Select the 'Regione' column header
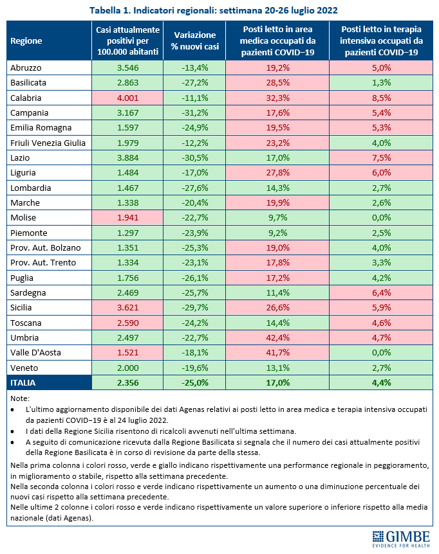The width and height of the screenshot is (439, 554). coord(26,40)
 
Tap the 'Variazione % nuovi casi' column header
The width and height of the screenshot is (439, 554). coord(194,40)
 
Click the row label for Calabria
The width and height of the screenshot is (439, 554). coord(26,98)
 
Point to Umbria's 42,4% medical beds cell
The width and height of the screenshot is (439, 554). coord(278,338)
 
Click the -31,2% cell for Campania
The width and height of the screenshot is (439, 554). coord(194,112)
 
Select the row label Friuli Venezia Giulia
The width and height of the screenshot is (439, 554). coord(48,143)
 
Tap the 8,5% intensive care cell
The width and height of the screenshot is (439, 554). coord(381,98)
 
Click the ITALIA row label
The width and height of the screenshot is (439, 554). coord(23,383)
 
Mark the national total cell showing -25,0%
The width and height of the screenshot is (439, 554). coord(194,383)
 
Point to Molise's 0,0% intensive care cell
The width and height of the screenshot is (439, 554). coord(381,218)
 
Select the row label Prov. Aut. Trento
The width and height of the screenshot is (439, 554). coord(43,263)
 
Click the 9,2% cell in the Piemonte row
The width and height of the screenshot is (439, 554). coord(278,233)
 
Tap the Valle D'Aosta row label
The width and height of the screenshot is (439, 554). coord(34,353)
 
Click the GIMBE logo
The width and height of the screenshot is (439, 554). coord(402,538)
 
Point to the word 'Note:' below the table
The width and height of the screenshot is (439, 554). coord(21,398)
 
